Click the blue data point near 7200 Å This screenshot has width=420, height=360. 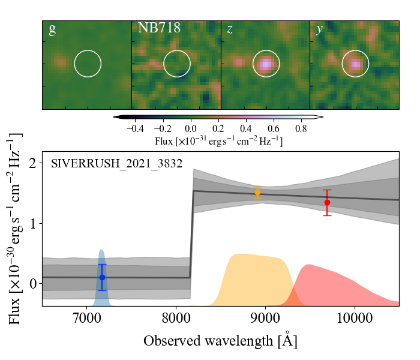point(102,277)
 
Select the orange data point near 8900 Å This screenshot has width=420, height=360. point(257,193)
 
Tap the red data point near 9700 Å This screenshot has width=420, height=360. point(327,202)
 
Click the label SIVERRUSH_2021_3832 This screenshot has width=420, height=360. point(116,163)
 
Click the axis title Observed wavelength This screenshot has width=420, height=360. point(220,341)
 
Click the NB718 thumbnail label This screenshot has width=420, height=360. point(159,28)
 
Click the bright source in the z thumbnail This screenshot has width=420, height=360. point(265,63)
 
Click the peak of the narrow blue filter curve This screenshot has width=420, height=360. point(102,250)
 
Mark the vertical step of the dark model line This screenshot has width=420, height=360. point(192,234)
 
